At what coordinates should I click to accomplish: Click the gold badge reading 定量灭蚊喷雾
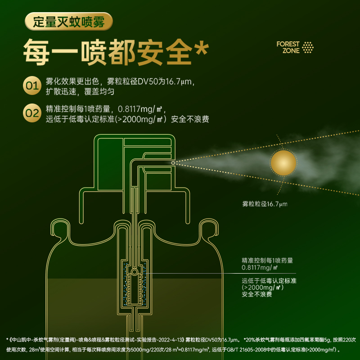[x=69, y=22]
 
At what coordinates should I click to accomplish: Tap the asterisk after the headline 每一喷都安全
[x=202, y=48]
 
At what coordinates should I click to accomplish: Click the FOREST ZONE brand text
[x=288, y=47]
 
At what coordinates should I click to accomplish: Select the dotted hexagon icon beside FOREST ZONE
[x=308, y=47]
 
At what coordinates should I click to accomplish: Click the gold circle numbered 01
[x=32, y=85]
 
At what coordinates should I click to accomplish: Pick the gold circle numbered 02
[x=32, y=113]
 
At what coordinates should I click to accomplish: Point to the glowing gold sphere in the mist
[x=283, y=163]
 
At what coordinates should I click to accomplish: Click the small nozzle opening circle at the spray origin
[x=173, y=163]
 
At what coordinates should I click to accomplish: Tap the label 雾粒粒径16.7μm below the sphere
[x=265, y=204]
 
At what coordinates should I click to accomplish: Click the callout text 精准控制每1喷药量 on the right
[x=267, y=261]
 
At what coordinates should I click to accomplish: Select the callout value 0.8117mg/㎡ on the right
[x=260, y=267]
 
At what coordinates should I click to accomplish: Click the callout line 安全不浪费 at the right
[x=256, y=294]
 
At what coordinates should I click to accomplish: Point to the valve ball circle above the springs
[x=135, y=272]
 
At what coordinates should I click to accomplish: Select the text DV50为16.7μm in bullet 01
[x=165, y=81]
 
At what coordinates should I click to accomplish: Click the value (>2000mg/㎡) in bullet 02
[x=141, y=119]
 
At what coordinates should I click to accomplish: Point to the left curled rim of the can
[x=60, y=228]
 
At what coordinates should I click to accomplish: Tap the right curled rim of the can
[x=209, y=228]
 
